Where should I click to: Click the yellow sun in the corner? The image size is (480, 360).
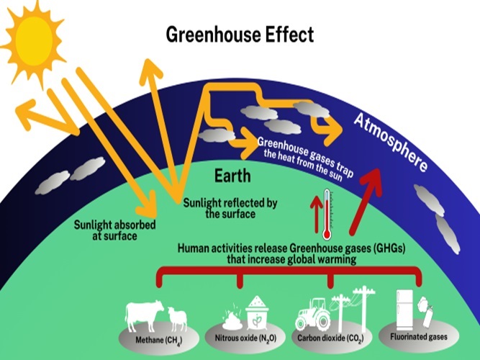(34, 41)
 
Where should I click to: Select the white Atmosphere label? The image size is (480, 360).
(390, 143)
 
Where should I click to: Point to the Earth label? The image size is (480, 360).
(232, 176)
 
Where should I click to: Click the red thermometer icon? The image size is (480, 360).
(327, 214)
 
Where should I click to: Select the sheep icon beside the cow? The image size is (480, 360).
(177, 319)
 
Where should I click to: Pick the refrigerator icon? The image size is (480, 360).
(404, 310)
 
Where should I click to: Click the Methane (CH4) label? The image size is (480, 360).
(158, 341)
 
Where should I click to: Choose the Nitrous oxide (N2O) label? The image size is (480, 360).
(245, 338)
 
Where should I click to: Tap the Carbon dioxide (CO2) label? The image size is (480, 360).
(330, 338)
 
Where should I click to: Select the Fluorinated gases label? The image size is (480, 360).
(418, 337)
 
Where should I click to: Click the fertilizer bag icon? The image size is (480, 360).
(257, 312)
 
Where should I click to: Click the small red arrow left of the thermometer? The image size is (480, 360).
(316, 214)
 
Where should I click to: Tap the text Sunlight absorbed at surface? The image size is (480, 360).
(115, 230)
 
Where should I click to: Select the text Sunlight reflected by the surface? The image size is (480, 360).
(230, 208)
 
